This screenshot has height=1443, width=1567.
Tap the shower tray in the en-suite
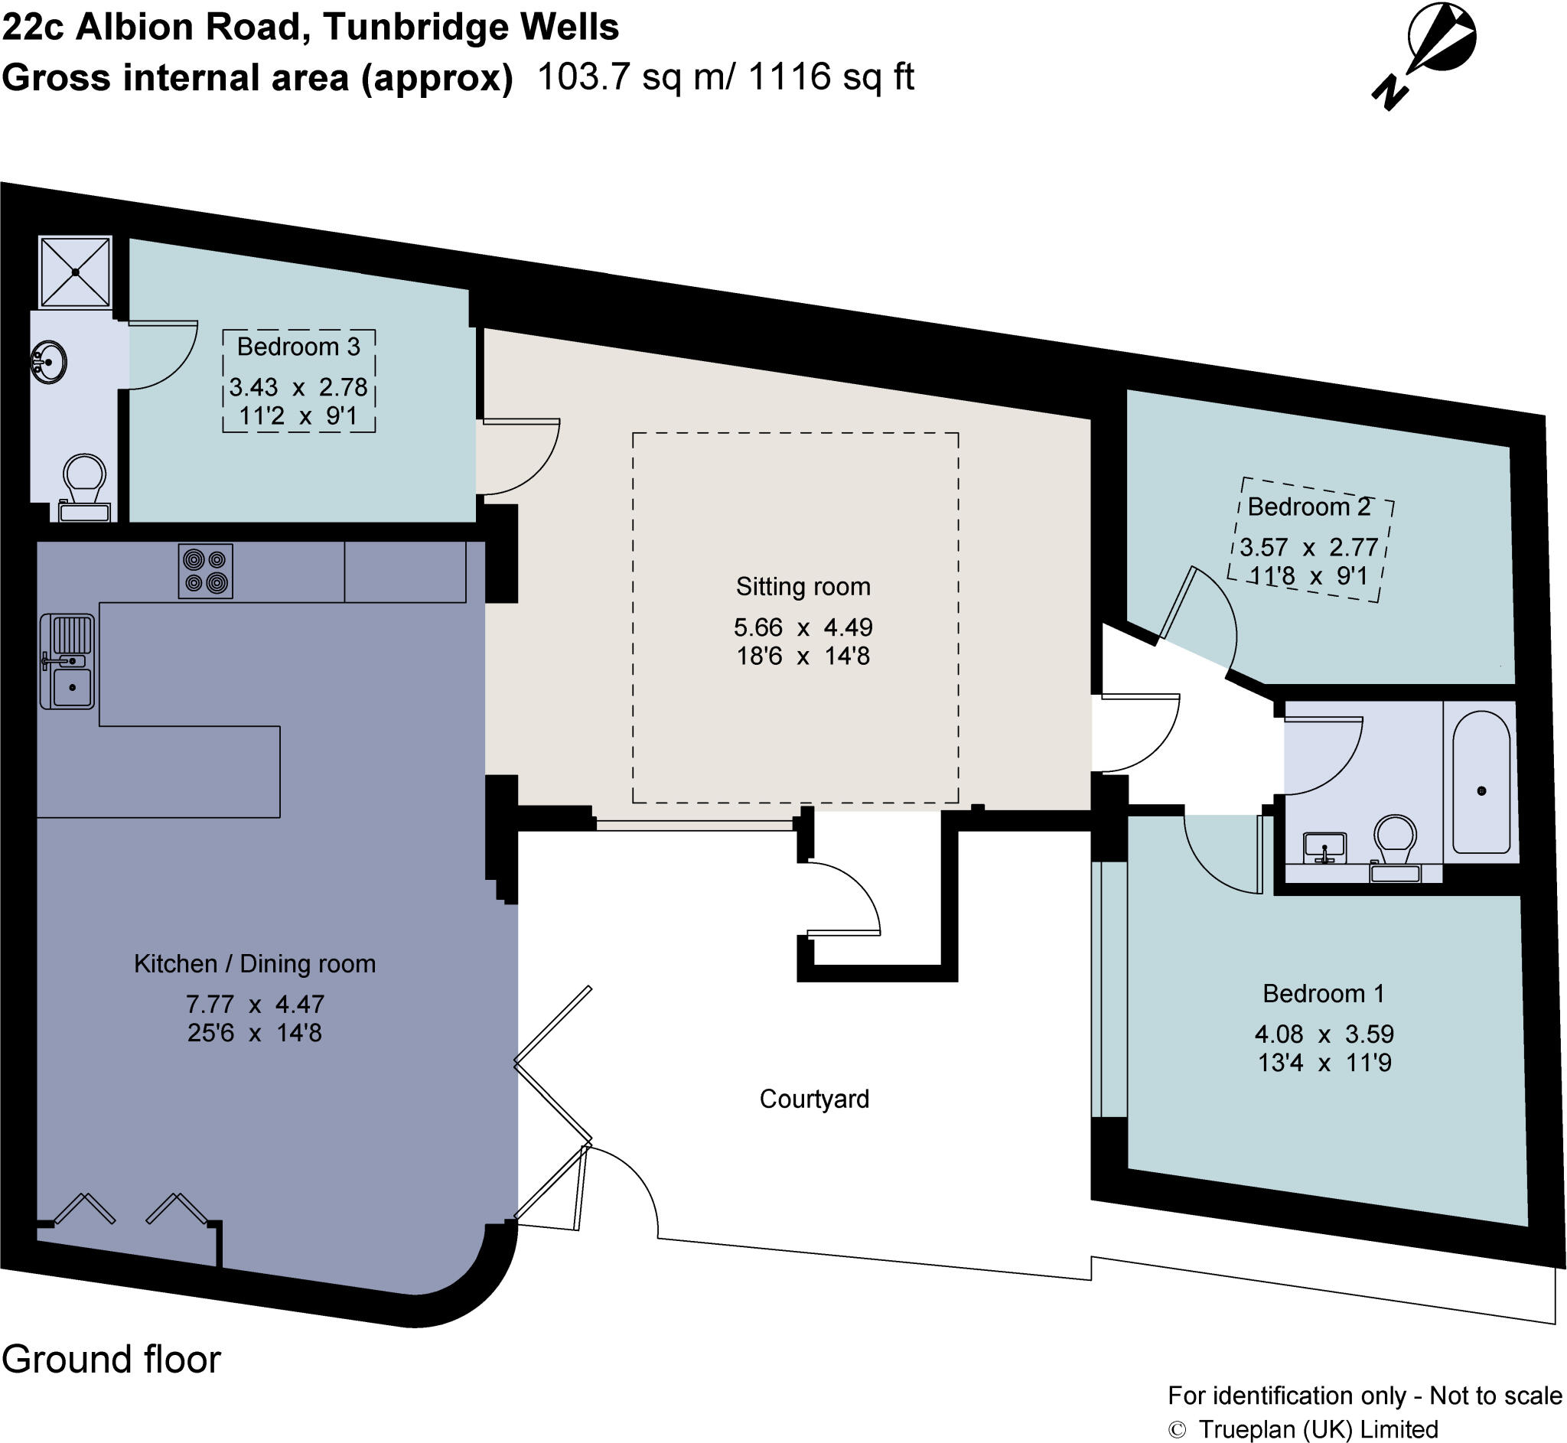coord(75,272)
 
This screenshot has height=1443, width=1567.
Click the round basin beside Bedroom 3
coord(49,363)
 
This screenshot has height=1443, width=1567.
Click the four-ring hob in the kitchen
coord(205,571)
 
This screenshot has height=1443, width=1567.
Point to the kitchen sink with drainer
coord(68,661)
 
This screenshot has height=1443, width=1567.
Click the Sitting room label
coord(802,586)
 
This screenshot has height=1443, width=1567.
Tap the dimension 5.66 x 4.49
coord(802,627)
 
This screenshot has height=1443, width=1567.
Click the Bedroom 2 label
coord(1308,507)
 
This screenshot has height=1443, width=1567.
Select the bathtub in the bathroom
coord(1481,781)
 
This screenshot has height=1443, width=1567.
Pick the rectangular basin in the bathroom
coord(1324,847)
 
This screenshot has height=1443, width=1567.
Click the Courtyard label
coord(813,1099)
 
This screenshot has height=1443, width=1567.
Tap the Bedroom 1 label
coord(1323,993)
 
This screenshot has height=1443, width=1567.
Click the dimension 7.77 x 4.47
coord(255,1003)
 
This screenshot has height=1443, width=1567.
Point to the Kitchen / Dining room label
coord(255,963)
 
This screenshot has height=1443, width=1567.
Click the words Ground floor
coord(112,1359)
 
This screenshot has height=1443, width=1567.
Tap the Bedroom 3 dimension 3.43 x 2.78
coord(298,387)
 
